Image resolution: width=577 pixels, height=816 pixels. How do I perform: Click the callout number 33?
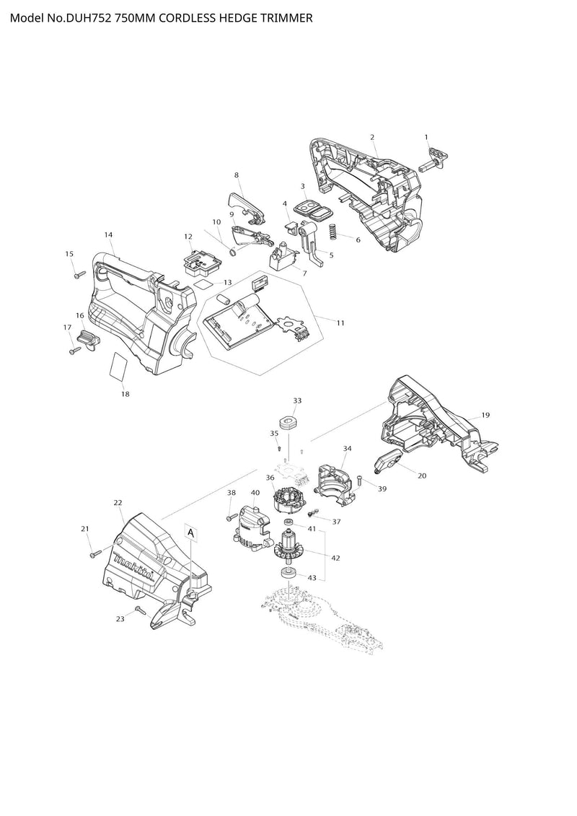(x=296, y=400)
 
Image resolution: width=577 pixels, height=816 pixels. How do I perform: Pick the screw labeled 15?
(x=78, y=274)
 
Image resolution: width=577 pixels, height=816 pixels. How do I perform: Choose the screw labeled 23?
(x=140, y=611)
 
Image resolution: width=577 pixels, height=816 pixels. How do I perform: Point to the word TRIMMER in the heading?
(x=287, y=18)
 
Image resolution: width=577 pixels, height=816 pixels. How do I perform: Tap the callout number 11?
(x=340, y=323)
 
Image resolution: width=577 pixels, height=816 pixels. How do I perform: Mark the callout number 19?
(x=485, y=415)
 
